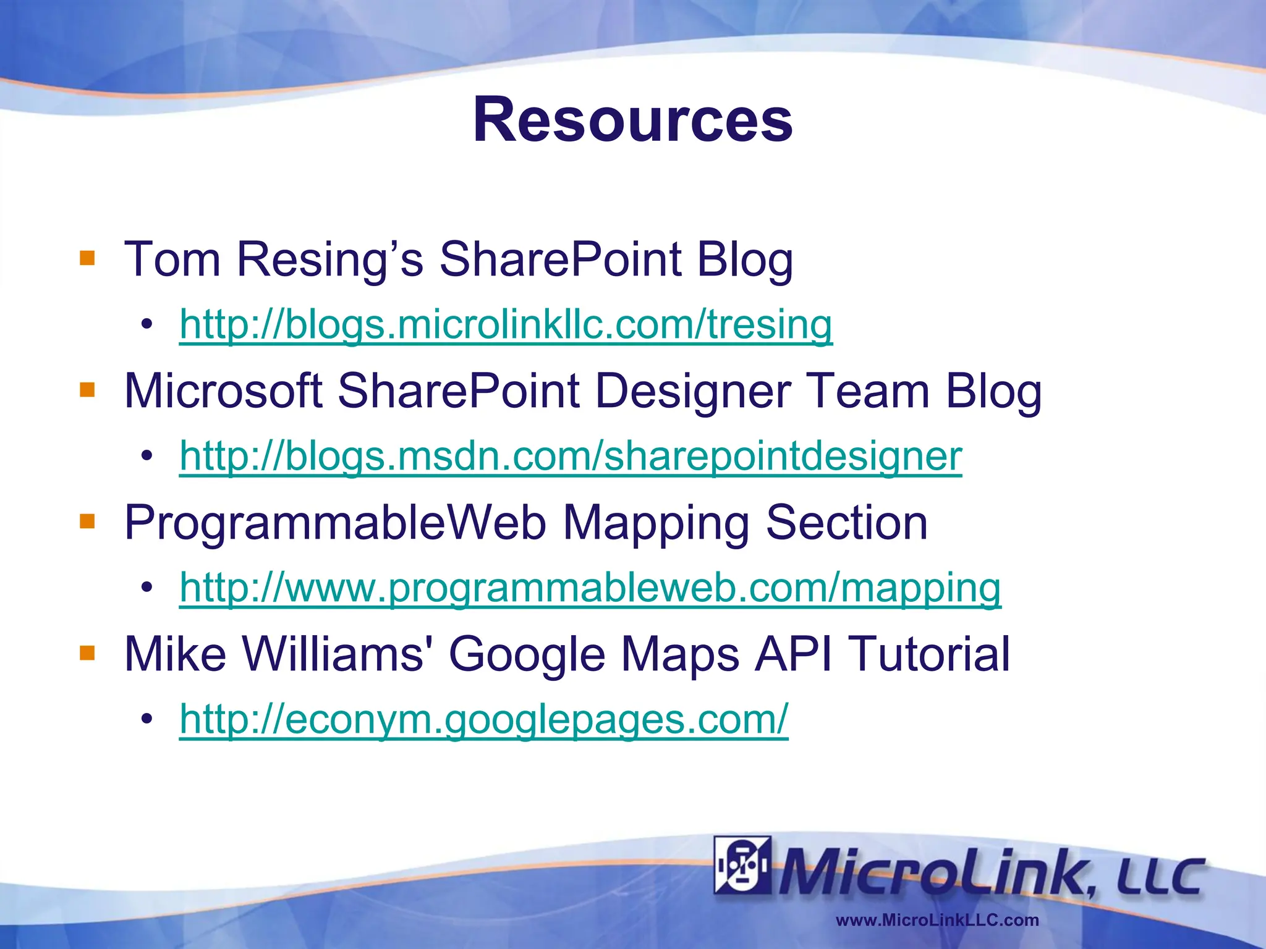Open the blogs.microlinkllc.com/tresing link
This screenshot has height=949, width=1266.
pyautogui.click(x=506, y=324)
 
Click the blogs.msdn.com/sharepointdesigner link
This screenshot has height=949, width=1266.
pyautogui.click(x=571, y=456)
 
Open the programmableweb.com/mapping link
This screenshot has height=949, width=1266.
pyautogui.click(x=590, y=588)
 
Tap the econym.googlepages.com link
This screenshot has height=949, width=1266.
pyautogui.click(x=483, y=719)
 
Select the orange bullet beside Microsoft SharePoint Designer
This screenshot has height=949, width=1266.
pyautogui.click(x=87, y=390)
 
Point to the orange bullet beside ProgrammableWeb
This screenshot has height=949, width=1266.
pyautogui.click(x=87, y=522)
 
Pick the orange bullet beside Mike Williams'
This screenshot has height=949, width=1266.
pyautogui.click(x=87, y=653)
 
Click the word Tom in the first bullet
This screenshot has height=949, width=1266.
pyautogui.click(x=172, y=259)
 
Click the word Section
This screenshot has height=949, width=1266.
pyautogui.click(x=846, y=523)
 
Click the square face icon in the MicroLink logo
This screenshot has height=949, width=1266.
pyautogui.click(x=742, y=865)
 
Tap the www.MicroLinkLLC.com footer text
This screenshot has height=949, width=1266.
pyautogui.click(x=937, y=921)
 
